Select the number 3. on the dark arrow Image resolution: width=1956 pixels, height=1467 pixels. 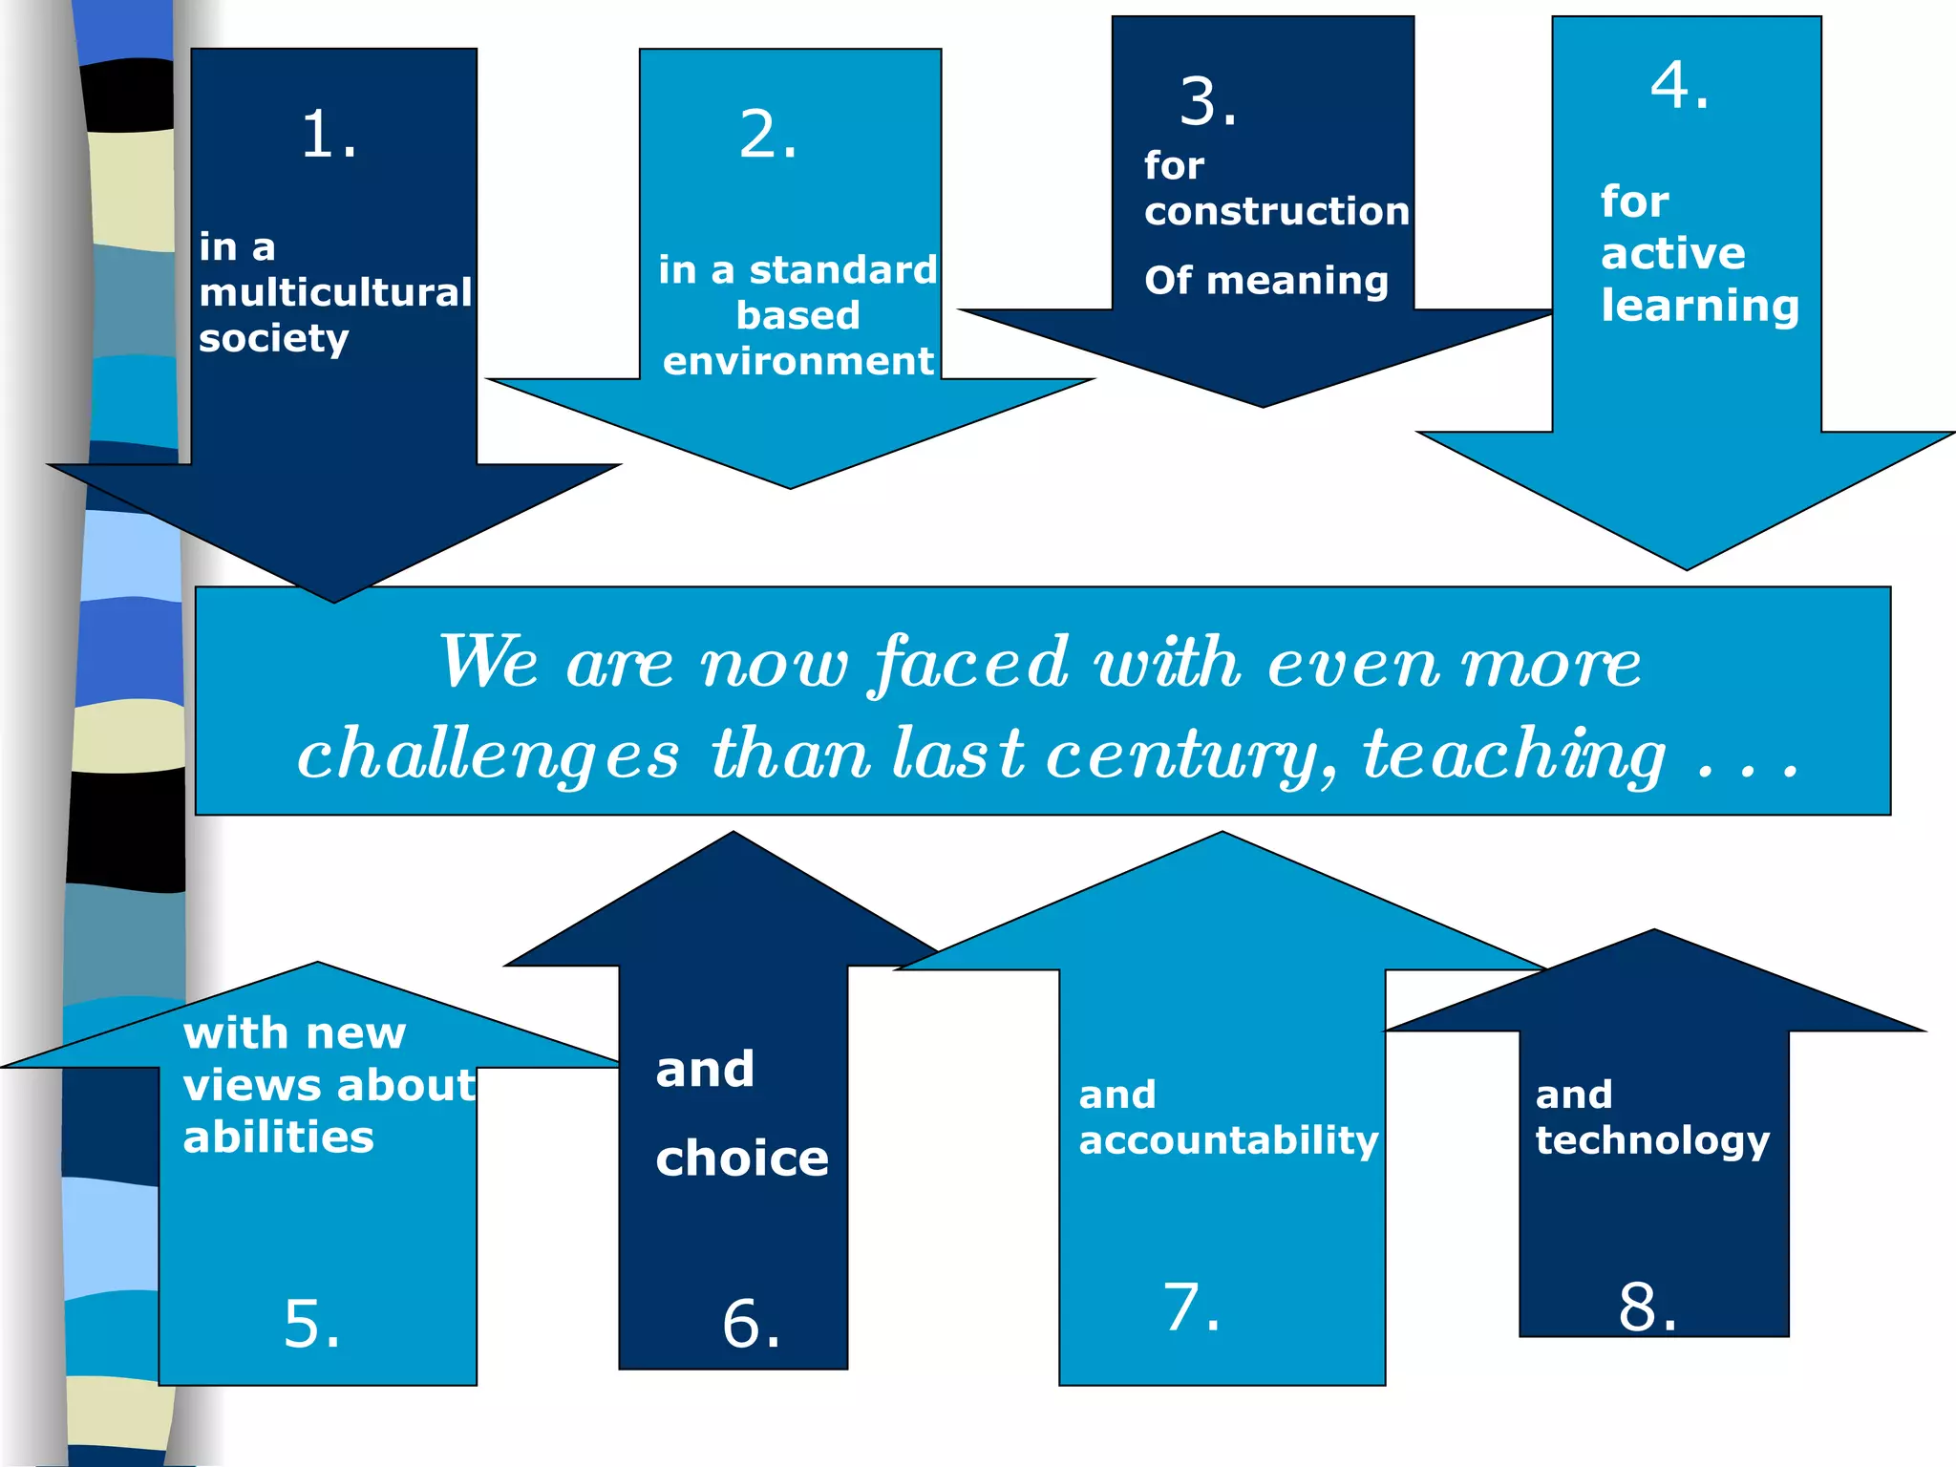[1208, 101]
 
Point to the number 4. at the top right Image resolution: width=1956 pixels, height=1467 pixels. [1679, 86]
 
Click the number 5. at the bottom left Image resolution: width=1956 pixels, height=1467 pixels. [311, 1324]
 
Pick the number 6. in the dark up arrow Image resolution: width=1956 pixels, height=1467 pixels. [751, 1324]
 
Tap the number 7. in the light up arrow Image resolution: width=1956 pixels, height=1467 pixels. [1191, 1307]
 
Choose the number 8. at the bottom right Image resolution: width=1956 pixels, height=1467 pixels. [1647, 1307]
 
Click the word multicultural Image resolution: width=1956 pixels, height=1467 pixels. [335, 292]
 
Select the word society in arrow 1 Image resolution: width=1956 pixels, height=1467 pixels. [273, 339]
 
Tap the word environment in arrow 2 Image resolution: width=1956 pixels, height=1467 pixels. [797, 361]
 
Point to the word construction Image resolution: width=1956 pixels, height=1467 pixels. [1276, 211]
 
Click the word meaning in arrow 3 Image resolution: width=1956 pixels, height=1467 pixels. [1297, 282]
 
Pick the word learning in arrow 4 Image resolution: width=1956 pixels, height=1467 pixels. [1699, 307]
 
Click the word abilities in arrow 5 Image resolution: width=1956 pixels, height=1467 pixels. [278, 1137]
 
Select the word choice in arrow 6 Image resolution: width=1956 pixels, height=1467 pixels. [742, 1159]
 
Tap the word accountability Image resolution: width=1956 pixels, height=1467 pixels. [1228, 1140]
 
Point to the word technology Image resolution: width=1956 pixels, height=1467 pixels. [1652, 1140]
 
